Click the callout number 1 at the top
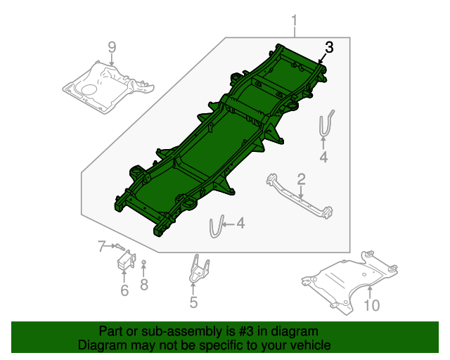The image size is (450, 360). pos(295,21)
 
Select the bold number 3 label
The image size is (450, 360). pos(329,48)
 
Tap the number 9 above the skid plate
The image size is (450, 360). pos(111,48)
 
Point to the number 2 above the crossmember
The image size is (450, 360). pos(300,179)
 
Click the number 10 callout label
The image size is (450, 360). pos(371,305)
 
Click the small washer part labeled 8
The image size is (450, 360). pos(144,263)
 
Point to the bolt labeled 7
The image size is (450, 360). pos(120,247)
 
